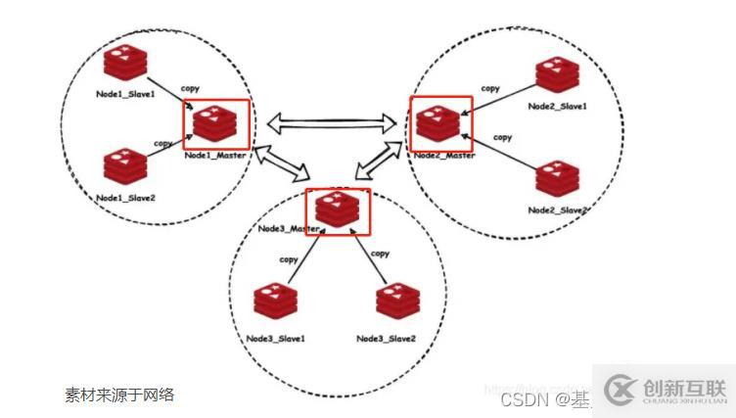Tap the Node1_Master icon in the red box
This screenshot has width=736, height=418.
tap(217, 124)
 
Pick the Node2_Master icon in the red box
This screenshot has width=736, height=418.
tap(441, 121)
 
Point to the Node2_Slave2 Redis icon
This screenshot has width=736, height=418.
tap(559, 180)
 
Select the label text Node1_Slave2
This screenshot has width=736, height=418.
tap(125, 198)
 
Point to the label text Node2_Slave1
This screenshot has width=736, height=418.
tap(557, 106)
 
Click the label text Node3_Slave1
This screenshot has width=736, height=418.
tap(276, 339)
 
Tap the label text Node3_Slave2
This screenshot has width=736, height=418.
tap(386, 339)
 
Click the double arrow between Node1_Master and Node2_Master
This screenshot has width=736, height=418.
tap(332, 122)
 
